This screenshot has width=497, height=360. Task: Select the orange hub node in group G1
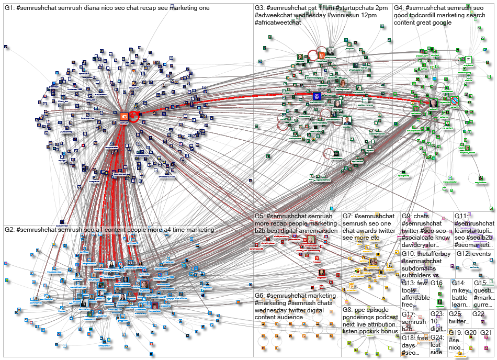point(125,117)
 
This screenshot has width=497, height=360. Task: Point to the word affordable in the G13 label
point(415,298)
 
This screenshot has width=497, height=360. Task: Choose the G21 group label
point(487,332)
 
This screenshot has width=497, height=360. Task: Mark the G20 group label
point(471,332)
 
